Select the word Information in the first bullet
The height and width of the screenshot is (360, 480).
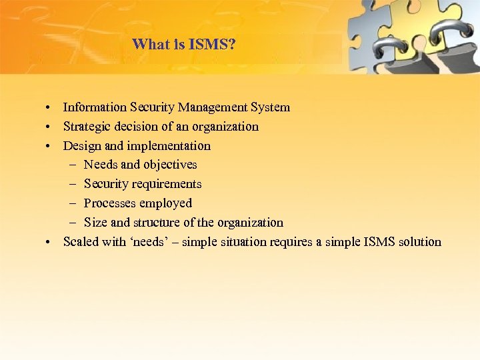pyautogui.click(x=95, y=107)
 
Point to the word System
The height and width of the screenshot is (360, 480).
pyautogui.click(x=271, y=107)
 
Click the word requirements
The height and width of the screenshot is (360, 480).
pyautogui.click(x=166, y=184)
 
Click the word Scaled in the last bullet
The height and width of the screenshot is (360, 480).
pyautogui.click(x=80, y=242)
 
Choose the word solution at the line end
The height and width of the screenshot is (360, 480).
pyautogui.click(x=419, y=242)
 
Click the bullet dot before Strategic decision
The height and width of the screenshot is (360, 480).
pyautogui.click(x=49, y=127)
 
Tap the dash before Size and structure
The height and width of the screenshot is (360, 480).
pyautogui.click(x=71, y=223)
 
